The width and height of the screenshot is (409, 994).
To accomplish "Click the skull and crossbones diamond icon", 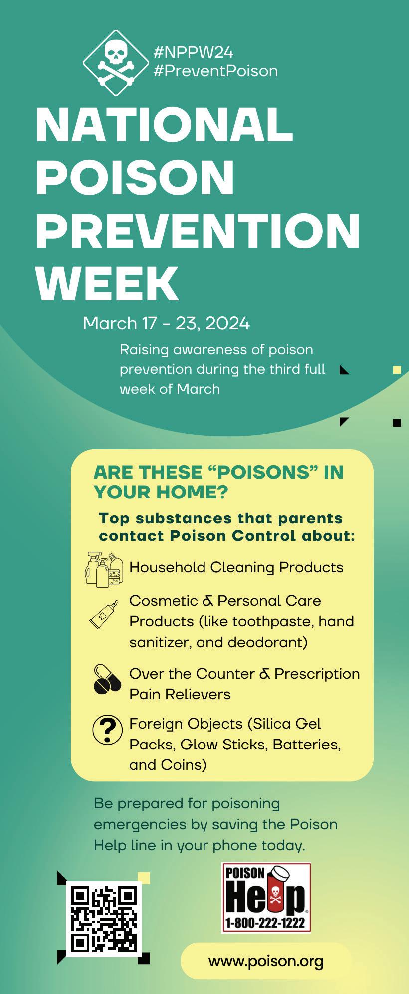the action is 116,62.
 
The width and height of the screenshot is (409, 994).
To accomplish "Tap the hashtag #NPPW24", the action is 194,52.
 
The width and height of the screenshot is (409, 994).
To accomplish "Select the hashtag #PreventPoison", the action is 215,71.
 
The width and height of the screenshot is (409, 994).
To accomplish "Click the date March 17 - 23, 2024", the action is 166,323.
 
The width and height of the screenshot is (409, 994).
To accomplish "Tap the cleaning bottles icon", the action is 104,569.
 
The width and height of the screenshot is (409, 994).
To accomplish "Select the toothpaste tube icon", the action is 104,614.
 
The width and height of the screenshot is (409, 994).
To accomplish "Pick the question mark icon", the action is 108,730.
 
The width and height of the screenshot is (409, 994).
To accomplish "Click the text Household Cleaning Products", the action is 236,567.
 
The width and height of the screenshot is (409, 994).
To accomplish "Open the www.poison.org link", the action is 266,961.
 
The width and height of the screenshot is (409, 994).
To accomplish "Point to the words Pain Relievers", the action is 180,694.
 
